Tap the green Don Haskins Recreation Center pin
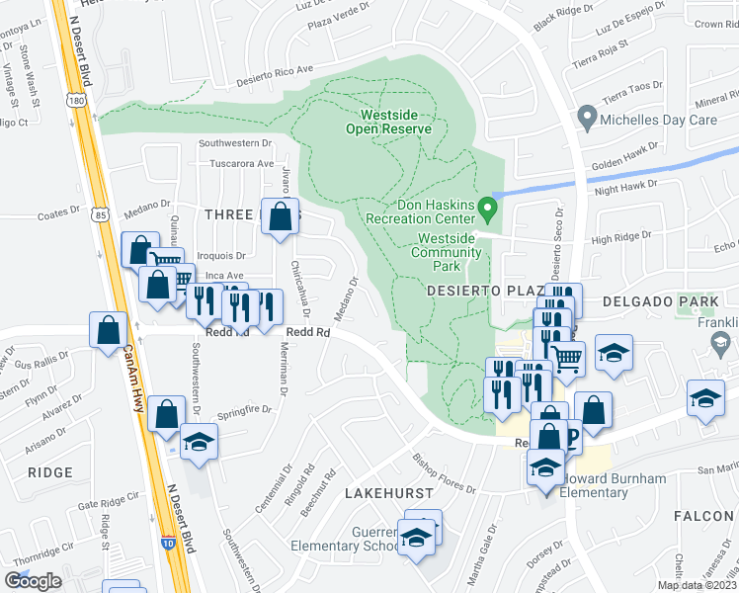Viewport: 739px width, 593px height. point(487,209)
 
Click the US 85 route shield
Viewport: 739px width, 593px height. point(100,212)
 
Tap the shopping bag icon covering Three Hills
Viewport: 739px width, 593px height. point(281,216)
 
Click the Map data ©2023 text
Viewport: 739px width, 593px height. point(697,585)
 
